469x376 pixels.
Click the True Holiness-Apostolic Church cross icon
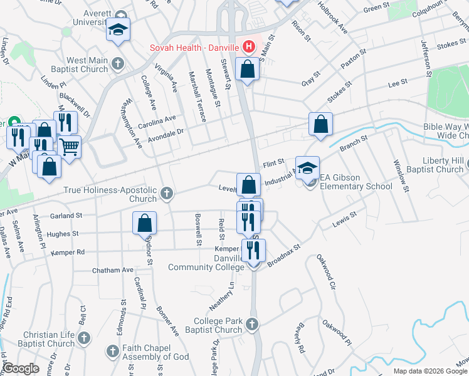[x=166, y=193]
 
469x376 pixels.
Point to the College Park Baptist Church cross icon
[x=251, y=324]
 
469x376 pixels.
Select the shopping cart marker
[x=70, y=147]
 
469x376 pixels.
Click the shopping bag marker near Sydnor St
[x=144, y=222]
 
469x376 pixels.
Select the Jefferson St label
[x=426, y=58]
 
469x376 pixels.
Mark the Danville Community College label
[x=206, y=263]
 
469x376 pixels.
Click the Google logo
[x=21, y=368]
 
